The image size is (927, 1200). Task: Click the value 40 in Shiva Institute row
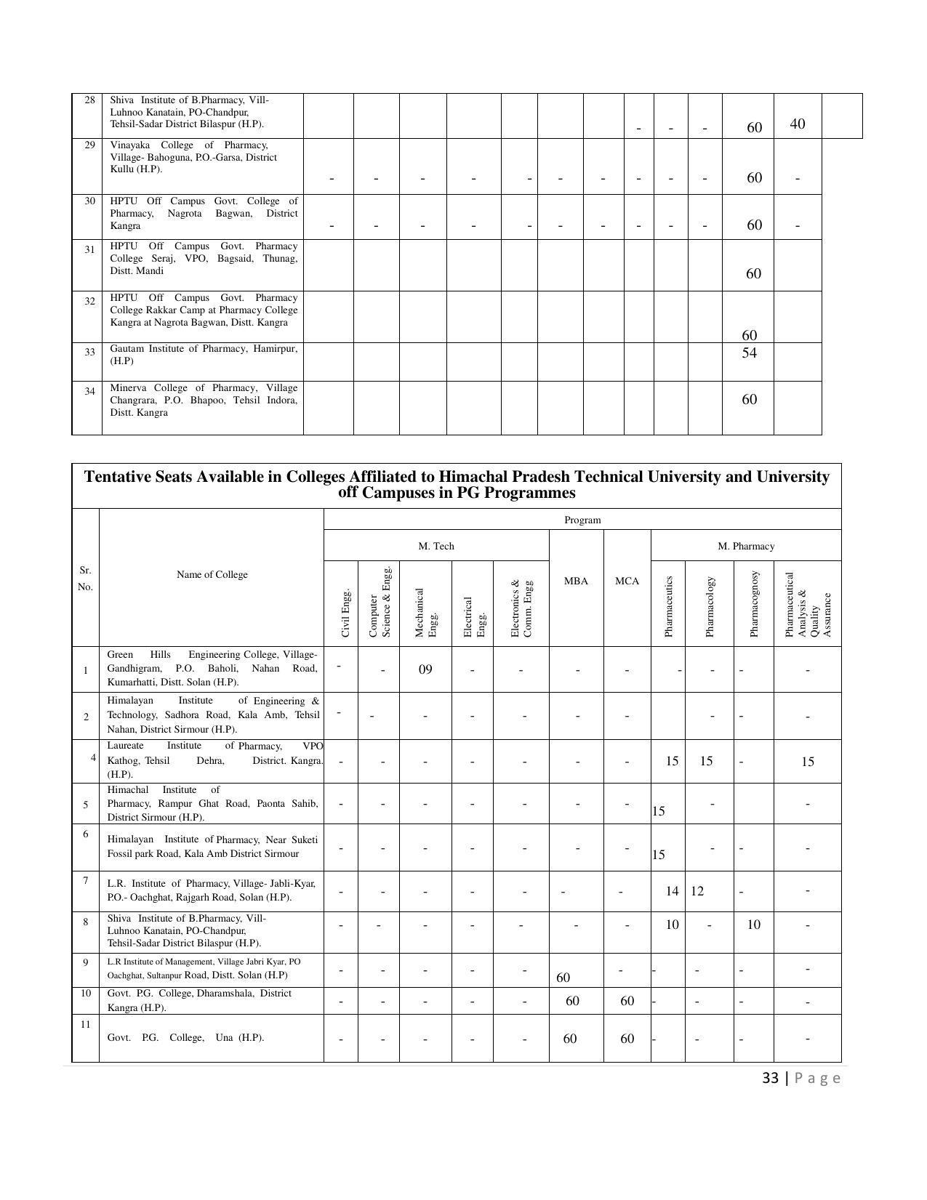797,124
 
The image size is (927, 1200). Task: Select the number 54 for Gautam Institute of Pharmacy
749,353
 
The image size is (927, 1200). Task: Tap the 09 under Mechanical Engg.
425,669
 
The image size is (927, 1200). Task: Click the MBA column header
576,581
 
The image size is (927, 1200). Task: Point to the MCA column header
627,581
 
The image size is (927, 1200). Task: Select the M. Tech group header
436,547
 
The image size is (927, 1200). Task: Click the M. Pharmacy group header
746,547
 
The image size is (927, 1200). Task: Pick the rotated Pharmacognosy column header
754,604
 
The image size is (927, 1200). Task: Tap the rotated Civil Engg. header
346,613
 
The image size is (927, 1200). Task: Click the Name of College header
212,575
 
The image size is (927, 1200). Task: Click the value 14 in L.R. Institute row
672,891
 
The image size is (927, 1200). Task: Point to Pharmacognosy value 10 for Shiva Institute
753,925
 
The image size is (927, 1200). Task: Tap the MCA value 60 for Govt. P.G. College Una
627,1039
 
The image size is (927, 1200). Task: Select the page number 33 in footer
770,1078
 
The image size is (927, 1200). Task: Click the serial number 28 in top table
89,100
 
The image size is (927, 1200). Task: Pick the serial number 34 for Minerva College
89,391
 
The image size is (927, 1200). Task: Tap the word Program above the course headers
582,520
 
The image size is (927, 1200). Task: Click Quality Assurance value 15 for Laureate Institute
807,762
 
